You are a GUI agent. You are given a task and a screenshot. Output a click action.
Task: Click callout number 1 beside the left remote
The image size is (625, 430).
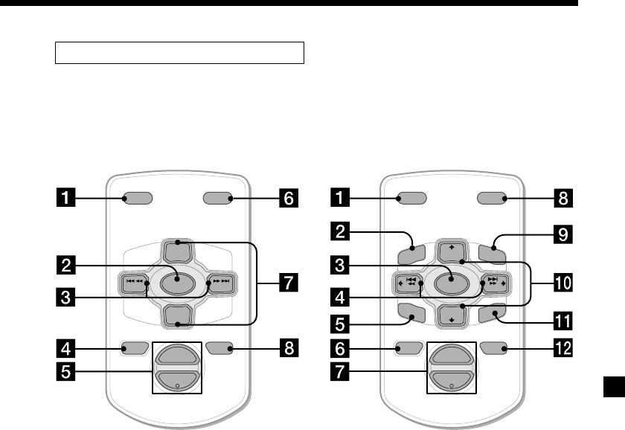click(68, 199)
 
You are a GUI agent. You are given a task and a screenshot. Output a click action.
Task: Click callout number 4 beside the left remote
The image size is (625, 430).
click(68, 347)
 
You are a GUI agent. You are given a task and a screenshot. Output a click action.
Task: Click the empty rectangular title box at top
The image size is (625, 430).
click(179, 53)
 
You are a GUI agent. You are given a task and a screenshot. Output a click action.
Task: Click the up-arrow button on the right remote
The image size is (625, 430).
click(450, 248)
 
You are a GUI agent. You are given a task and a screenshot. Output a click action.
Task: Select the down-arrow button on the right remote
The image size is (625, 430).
click(450, 315)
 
